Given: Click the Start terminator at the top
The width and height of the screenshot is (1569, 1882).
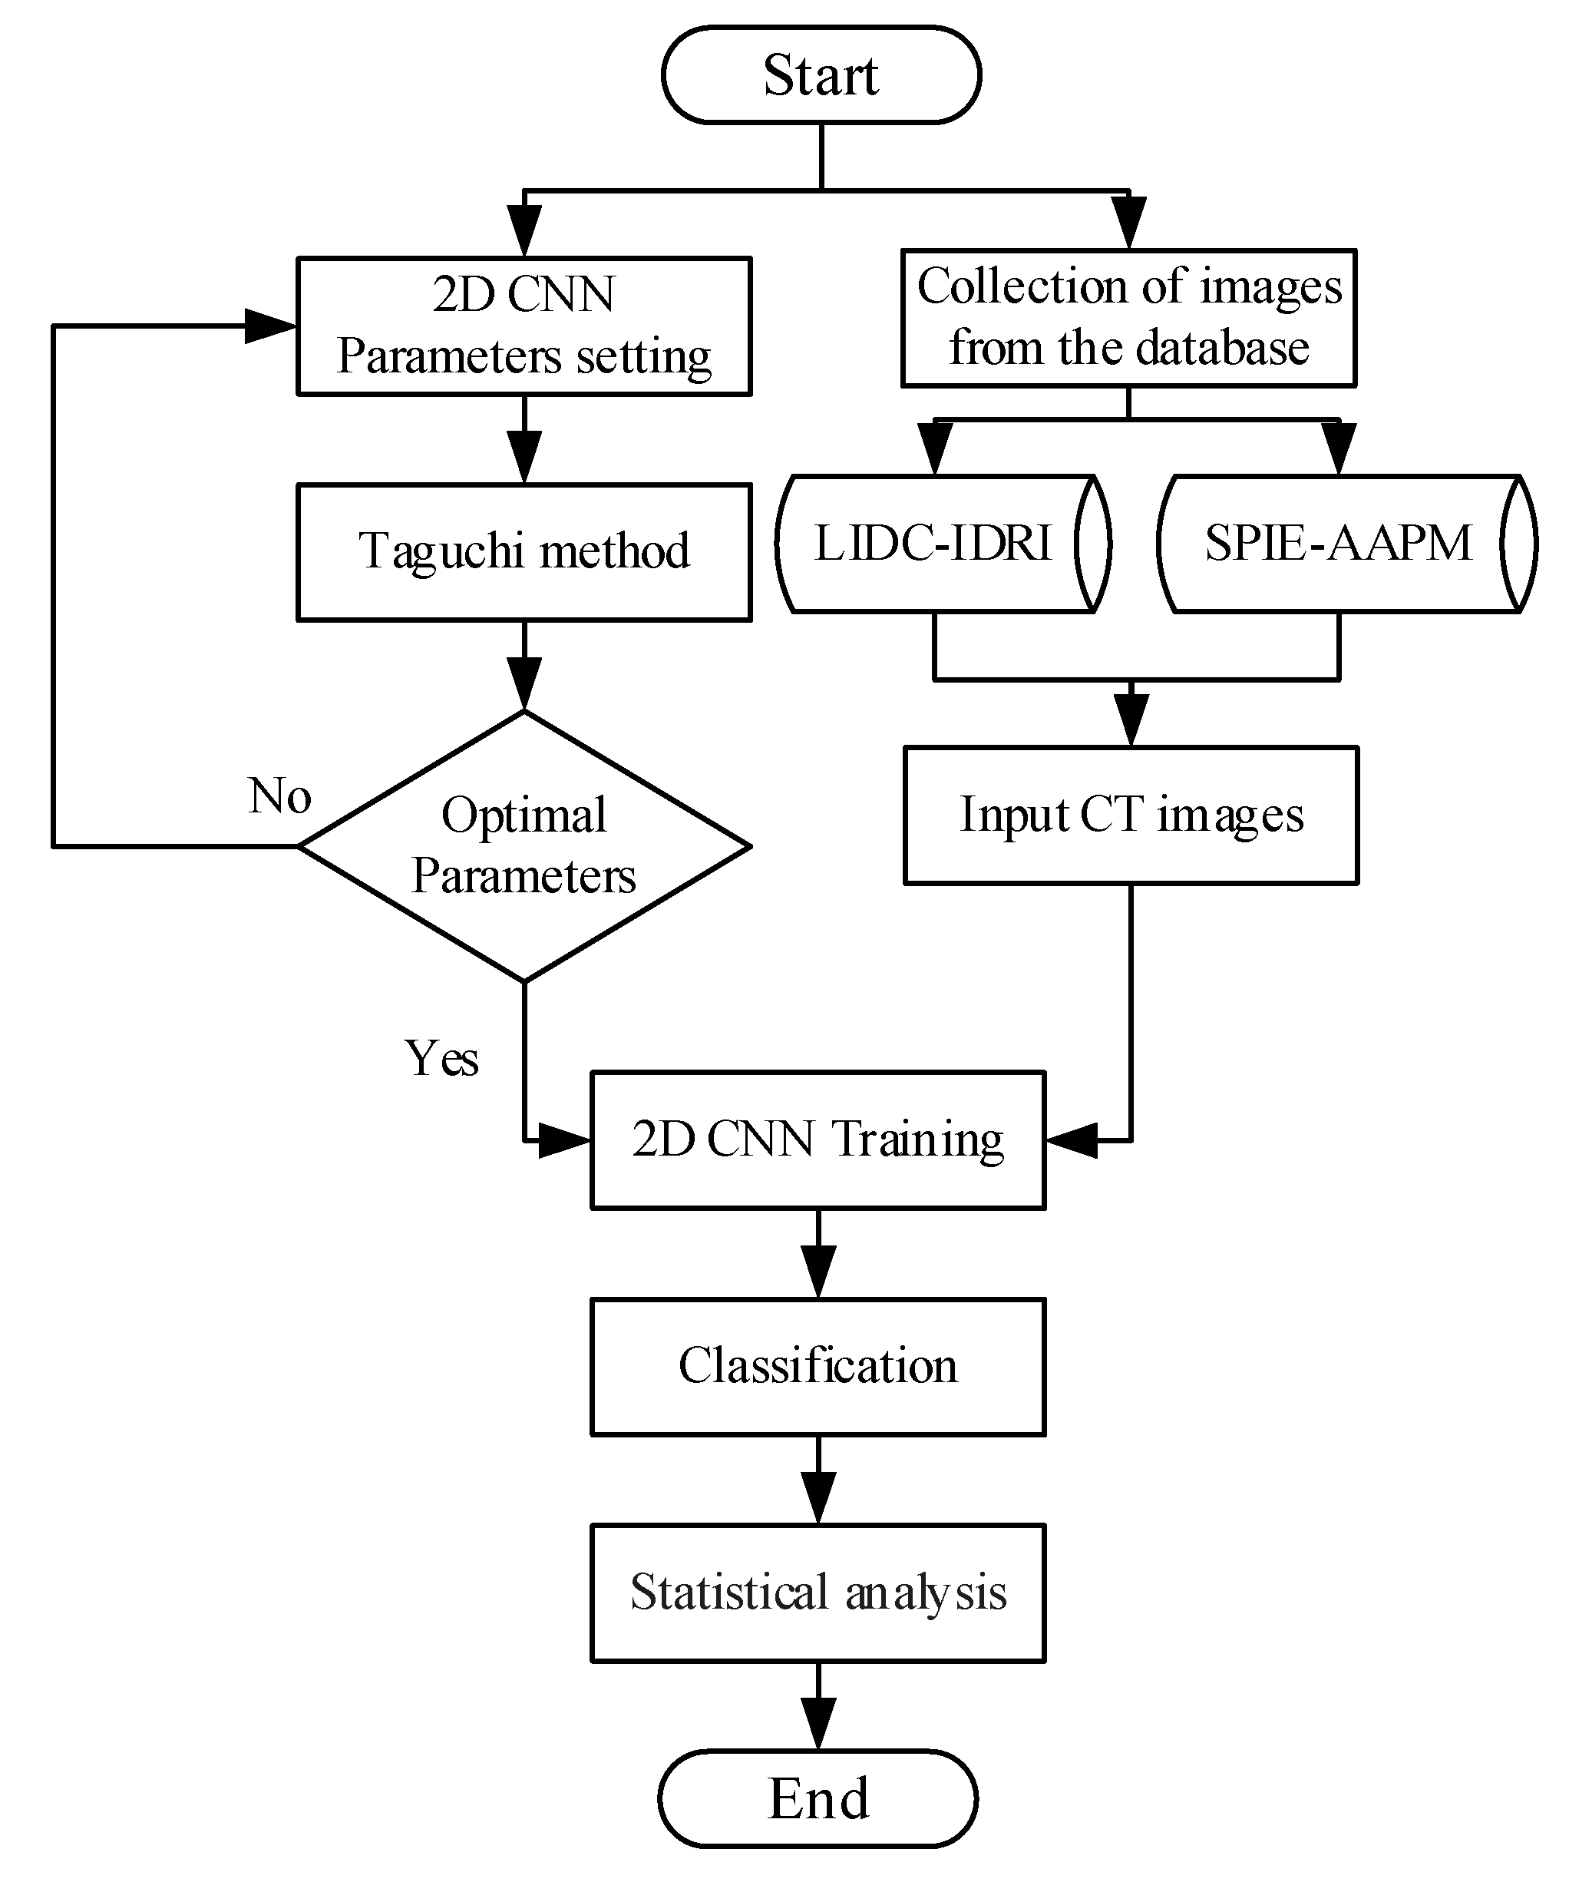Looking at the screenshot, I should click(821, 74).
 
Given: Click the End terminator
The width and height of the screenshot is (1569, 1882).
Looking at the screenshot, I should click(818, 1798).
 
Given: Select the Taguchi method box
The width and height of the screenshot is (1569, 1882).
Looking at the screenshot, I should click(524, 552).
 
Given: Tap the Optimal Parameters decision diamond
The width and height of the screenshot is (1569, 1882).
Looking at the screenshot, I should click(524, 846).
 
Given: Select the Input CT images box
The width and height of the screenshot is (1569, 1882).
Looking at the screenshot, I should click(1131, 815).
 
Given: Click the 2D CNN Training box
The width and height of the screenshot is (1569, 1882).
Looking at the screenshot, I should click(818, 1140).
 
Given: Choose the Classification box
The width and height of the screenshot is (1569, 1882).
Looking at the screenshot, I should click(818, 1367).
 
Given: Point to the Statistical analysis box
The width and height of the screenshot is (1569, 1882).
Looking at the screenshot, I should click(818, 1593).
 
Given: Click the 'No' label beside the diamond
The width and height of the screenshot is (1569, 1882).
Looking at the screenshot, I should click(279, 795).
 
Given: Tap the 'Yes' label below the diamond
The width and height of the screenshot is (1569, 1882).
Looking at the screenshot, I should click(441, 1057).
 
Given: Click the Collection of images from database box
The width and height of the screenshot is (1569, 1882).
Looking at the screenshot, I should click(1128, 318).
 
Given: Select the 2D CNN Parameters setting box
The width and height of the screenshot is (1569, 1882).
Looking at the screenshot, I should click(524, 326).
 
